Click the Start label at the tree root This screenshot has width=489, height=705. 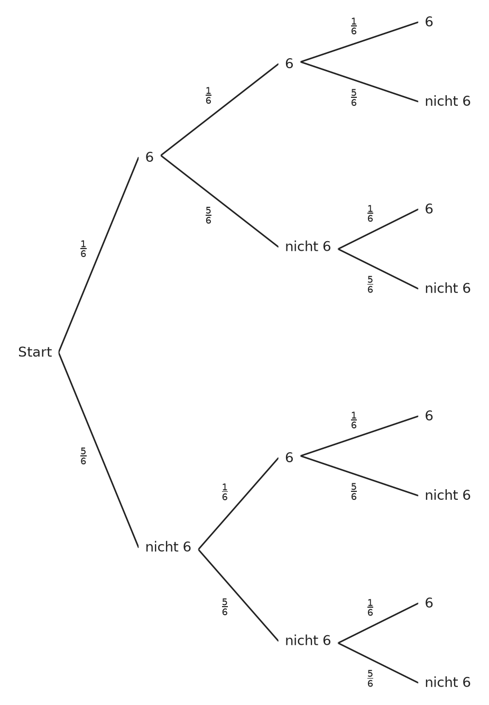click(x=35, y=352)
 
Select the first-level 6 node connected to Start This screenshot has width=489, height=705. click(x=150, y=157)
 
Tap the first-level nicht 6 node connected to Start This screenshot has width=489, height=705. click(x=168, y=547)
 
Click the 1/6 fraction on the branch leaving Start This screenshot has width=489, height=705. click(x=83, y=249)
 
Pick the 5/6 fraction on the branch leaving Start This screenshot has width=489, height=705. click(x=83, y=456)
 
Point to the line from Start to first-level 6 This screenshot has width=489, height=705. click(x=99, y=255)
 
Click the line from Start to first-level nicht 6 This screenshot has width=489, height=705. click(x=99, y=450)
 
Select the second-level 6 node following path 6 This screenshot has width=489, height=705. click(x=289, y=63)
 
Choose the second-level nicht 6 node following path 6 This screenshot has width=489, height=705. click(x=308, y=247)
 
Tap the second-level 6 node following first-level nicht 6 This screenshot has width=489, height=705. click(x=289, y=457)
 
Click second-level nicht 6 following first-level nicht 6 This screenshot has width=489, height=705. click(x=308, y=641)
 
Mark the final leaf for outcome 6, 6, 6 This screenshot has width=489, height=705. click(x=429, y=22)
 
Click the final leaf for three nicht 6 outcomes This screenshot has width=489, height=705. click(x=447, y=683)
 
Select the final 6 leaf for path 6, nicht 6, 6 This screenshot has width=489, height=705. click(x=429, y=209)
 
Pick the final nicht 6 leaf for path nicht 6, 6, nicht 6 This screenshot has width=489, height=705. click(x=447, y=496)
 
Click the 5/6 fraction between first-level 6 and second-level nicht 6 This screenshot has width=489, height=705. click(x=208, y=215)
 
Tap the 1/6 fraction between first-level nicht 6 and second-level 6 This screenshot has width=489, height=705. click(x=225, y=492)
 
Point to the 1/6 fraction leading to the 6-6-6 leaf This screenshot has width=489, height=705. click(x=354, y=26)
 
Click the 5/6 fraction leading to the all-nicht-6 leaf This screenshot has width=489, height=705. click(x=370, y=679)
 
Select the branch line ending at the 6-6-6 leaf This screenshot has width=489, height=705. click(x=359, y=42)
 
